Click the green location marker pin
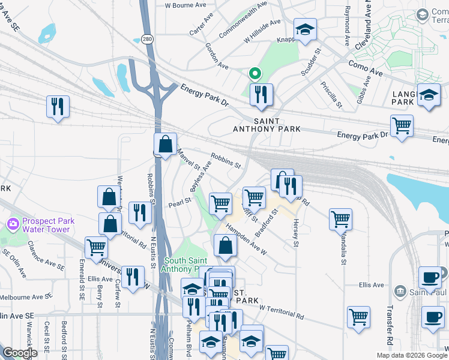(x=255, y=74)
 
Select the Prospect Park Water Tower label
(x=49, y=225)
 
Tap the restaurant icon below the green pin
(x=261, y=95)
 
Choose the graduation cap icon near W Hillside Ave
(x=305, y=29)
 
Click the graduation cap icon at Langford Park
(x=429, y=95)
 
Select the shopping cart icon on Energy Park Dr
(x=402, y=126)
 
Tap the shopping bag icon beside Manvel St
(x=165, y=144)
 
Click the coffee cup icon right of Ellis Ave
(x=430, y=277)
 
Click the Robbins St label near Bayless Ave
(x=226, y=160)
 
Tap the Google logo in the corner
(x=20, y=353)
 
